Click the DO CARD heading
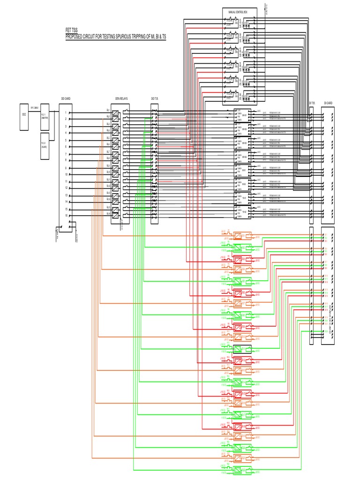(66, 99)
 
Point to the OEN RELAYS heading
(121, 99)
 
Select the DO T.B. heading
(155, 99)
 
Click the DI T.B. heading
(312, 103)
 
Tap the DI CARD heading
(328, 103)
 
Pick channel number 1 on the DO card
(66, 112)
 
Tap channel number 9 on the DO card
(66, 168)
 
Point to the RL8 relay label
(108, 158)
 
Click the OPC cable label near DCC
(34, 107)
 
